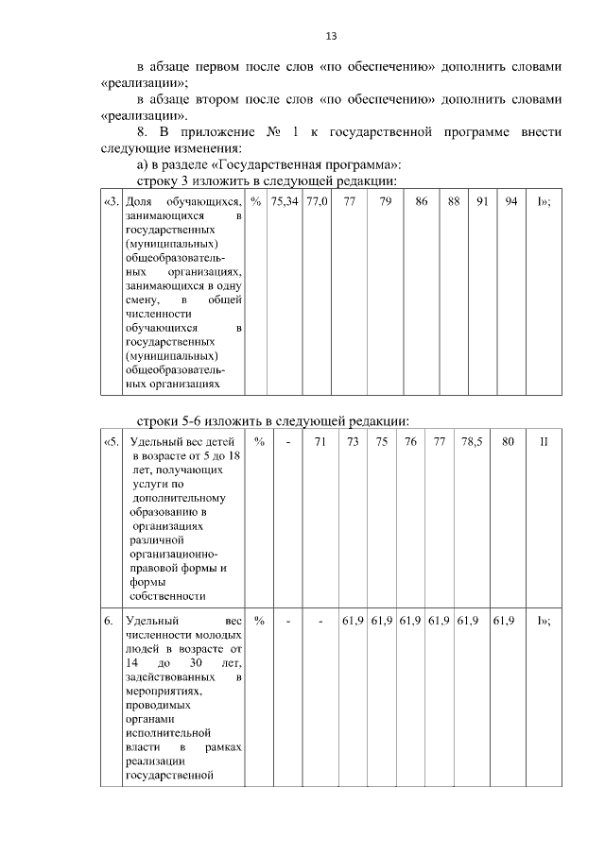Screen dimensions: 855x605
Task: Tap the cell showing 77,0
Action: pyautogui.click(x=317, y=202)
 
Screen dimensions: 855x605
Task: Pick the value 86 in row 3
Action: pyautogui.click(x=421, y=202)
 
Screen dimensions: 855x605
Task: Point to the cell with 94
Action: pyautogui.click(x=510, y=202)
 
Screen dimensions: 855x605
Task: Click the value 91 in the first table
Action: pyautogui.click(x=482, y=202)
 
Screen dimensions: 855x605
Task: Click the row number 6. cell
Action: pyautogui.click(x=109, y=621)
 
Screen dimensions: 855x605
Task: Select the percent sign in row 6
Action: pyautogui.click(x=259, y=621)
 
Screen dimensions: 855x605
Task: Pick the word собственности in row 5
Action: pyautogui.click(x=167, y=595)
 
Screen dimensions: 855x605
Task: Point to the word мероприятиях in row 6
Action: pyautogui.click(x=162, y=691)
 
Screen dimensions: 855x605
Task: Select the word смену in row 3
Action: pyautogui.click(x=142, y=299)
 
